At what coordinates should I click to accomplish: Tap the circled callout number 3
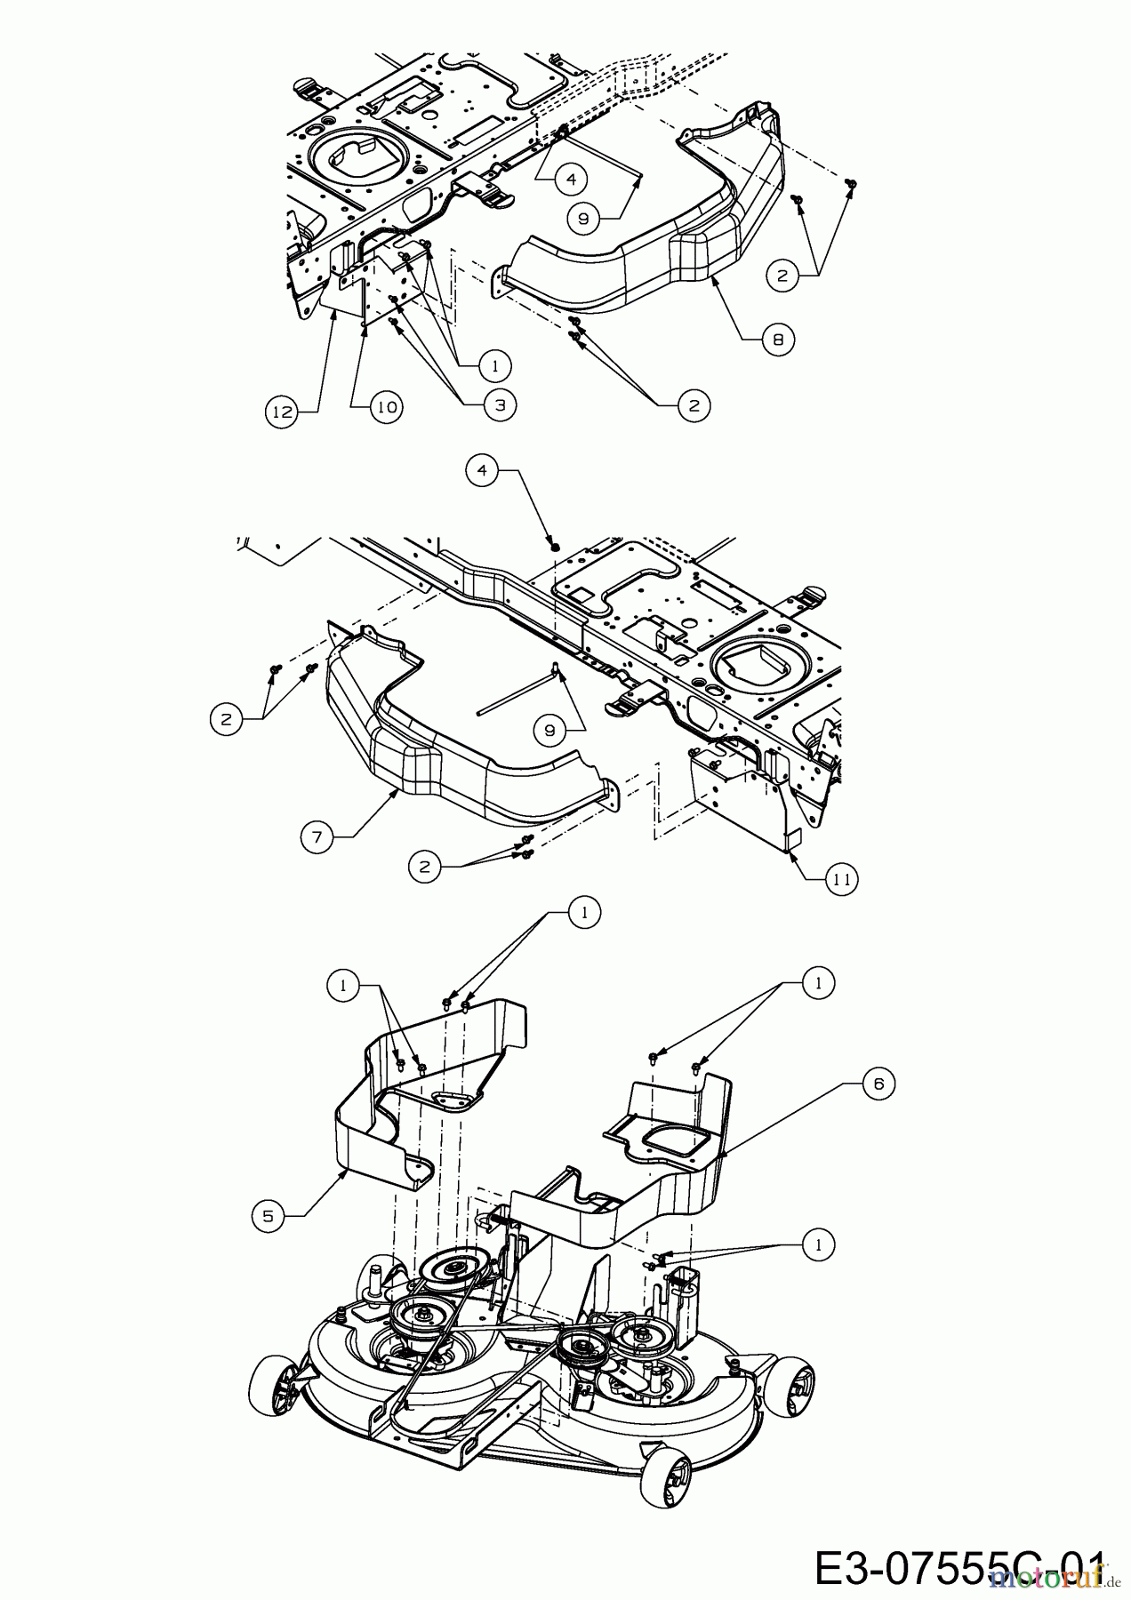click(x=500, y=404)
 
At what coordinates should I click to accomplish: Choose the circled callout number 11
click(x=842, y=880)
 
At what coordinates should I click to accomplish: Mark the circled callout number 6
click(x=878, y=1084)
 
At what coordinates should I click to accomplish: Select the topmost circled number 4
click(x=571, y=179)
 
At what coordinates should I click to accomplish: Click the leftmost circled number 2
click(x=226, y=718)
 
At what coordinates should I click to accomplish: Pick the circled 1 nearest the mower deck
click(x=817, y=1244)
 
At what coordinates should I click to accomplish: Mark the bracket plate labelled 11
click(x=742, y=791)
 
